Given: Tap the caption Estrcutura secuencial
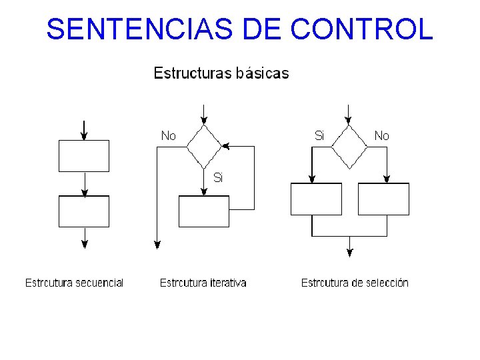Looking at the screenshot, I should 74,283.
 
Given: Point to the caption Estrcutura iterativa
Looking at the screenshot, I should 203,283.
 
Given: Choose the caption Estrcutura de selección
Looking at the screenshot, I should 355,283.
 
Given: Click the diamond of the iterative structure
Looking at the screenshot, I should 203,145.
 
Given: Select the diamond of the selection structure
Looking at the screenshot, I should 349,145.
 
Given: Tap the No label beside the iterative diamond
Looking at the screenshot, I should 169,136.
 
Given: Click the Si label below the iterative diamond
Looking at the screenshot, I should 218,177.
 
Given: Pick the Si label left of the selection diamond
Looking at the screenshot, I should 319,136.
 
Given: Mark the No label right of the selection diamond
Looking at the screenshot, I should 381,136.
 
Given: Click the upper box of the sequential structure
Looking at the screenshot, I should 84,155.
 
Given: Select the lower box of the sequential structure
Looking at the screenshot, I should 84,211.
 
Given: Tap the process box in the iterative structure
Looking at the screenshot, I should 203,211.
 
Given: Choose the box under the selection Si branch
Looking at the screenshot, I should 316,199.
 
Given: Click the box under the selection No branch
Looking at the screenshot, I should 383,199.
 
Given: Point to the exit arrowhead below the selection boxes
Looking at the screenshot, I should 349,252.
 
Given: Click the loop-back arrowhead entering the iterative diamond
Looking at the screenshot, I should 225,145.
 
